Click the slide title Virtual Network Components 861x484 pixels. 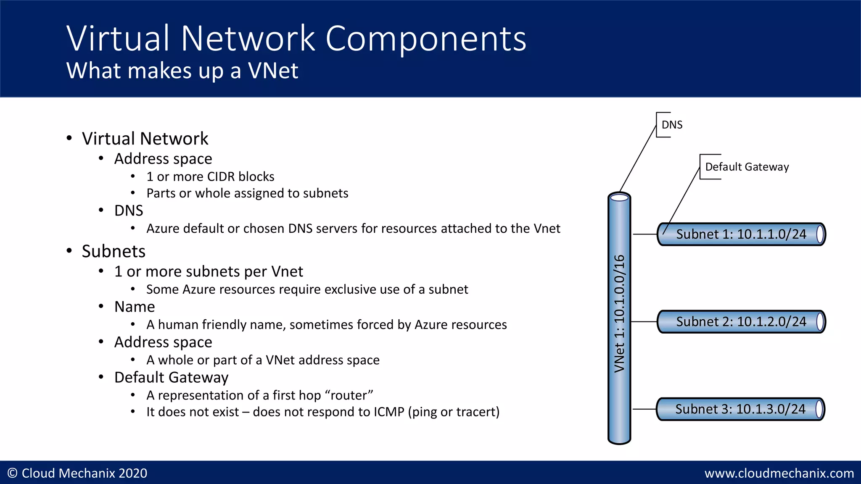coord(296,39)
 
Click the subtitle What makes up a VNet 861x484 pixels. coord(182,70)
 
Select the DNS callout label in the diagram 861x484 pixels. coord(671,125)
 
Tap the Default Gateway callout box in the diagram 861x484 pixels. coord(747,167)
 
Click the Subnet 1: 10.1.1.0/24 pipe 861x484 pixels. coord(741,234)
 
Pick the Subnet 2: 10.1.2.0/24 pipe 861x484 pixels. coord(741,322)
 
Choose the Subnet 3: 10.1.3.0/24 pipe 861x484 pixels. coord(740,409)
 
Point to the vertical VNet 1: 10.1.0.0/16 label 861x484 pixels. coord(619,313)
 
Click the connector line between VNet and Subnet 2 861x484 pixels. coord(644,322)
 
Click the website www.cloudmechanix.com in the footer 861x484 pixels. coord(779,473)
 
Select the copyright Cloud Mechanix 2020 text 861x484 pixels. coord(78,473)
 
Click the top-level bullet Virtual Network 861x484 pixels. coord(145,139)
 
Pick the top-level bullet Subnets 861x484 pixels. coord(114,251)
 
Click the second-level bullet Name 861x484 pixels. coord(135,307)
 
